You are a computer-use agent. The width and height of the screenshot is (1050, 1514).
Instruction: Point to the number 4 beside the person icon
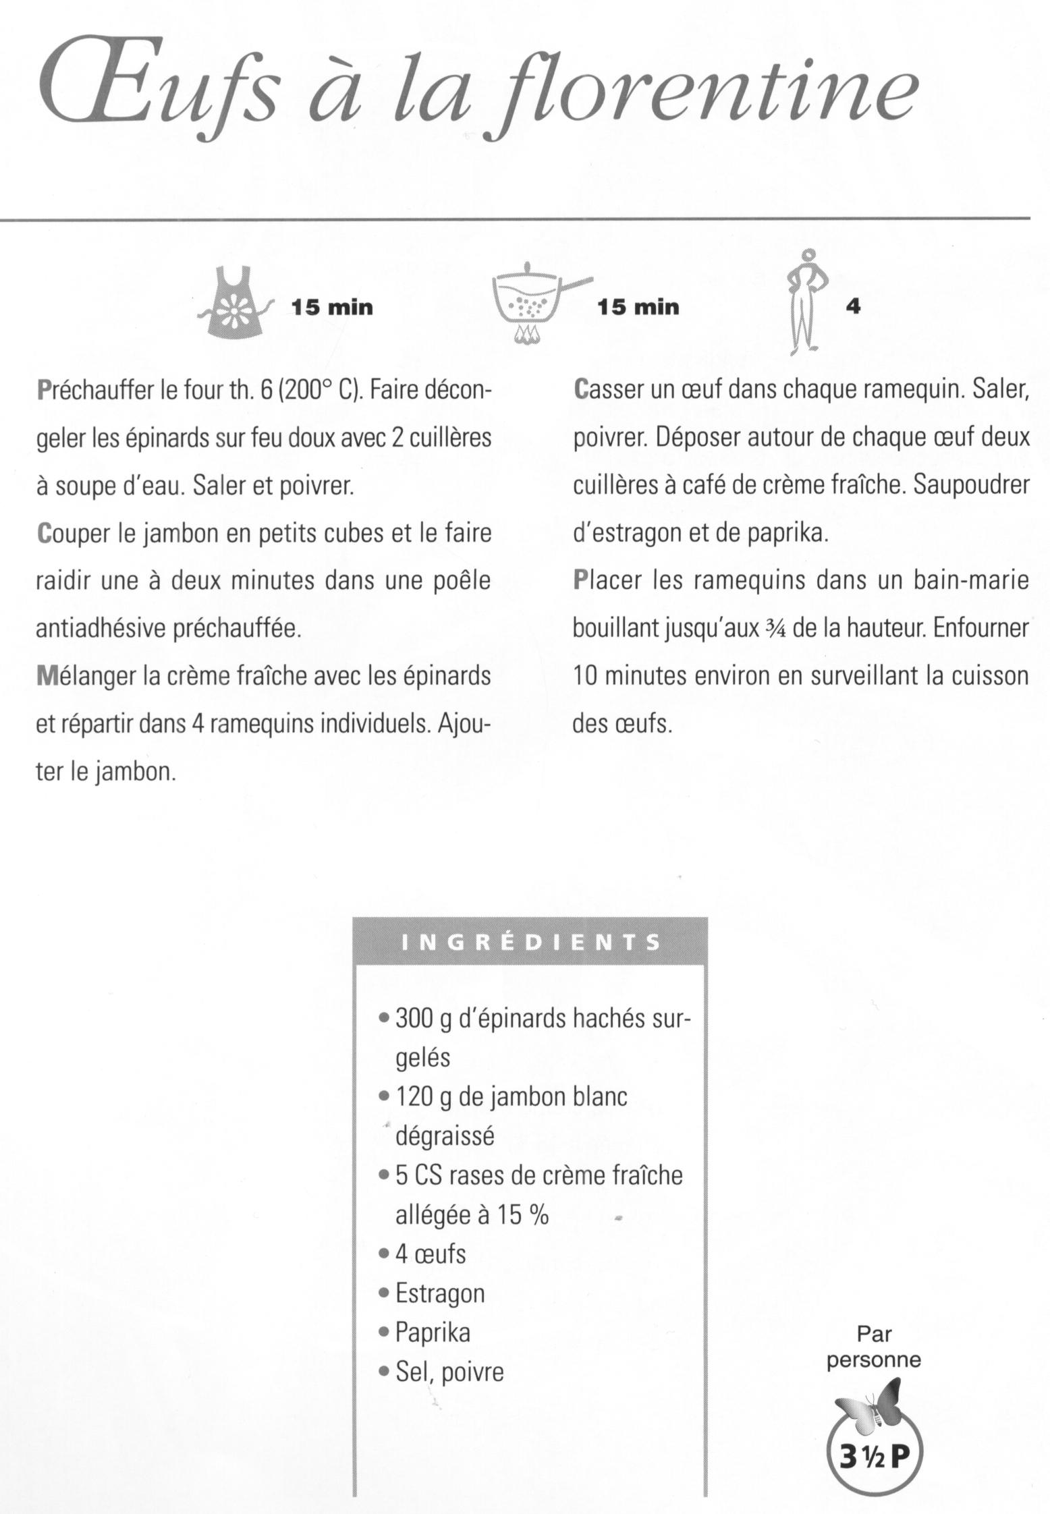tap(853, 306)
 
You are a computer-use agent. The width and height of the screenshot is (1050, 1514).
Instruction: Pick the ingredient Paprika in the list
tap(433, 1333)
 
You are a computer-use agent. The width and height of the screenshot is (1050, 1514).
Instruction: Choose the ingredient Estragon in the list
tap(439, 1293)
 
